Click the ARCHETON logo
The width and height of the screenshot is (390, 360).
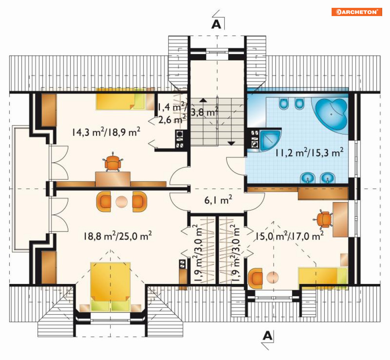[x=357, y=12]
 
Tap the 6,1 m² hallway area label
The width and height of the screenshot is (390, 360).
[x=218, y=200]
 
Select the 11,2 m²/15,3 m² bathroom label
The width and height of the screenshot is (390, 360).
[x=309, y=152]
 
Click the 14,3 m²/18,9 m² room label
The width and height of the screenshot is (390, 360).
[x=106, y=132]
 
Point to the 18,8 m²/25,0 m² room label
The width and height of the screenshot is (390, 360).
[x=118, y=236]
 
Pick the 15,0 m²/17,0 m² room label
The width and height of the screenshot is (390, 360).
[x=290, y=236]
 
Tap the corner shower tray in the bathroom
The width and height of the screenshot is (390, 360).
[x=270, y=140]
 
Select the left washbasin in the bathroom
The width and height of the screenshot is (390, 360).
[x=308, y=178]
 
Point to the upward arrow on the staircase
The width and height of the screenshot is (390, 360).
[x=203, y=100]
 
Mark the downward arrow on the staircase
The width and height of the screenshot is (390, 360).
[x=231, y=143]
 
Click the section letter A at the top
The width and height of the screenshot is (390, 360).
[x=216, y=24]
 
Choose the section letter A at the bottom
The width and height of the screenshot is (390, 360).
[x=268, y=336]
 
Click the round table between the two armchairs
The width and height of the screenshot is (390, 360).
[x=122, y=202]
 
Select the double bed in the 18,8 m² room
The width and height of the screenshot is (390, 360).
[x=110, y=286]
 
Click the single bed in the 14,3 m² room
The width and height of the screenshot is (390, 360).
[x=121, y=99]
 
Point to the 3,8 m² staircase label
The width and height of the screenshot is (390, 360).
[x=205, y=112]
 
